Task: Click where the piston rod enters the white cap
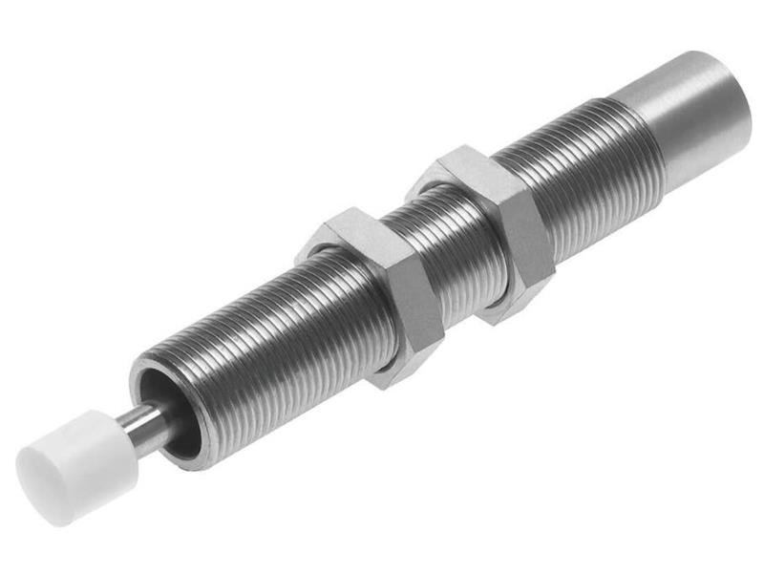pyautogui.click(x=117, y=428)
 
